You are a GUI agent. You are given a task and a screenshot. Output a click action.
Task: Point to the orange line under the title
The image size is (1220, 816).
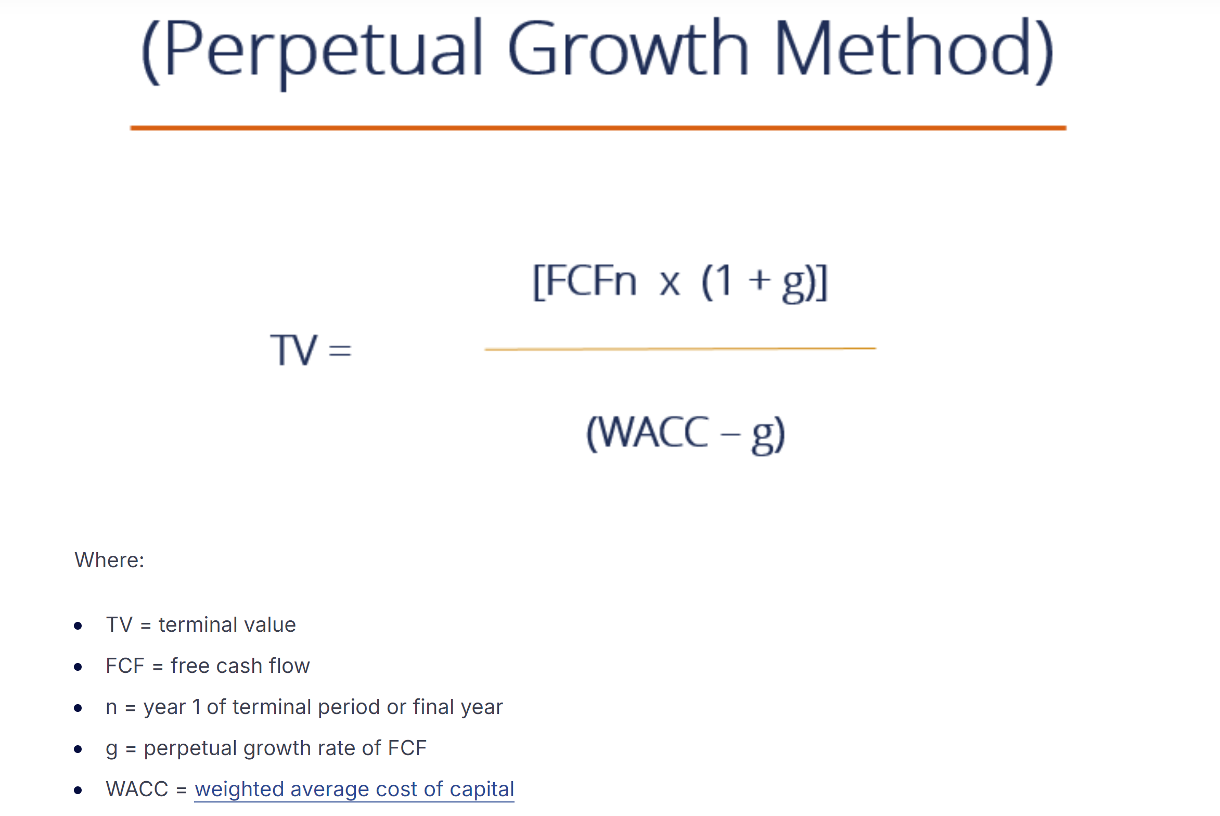point(598,127)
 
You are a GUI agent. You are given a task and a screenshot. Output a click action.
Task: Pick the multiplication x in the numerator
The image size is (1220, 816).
point(670,284)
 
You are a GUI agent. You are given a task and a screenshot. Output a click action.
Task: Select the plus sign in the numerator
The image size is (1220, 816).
point(759,280)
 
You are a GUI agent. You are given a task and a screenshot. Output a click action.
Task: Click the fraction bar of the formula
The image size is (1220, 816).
point(680,349)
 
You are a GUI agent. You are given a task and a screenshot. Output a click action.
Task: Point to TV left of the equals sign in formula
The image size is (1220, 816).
point(293,350)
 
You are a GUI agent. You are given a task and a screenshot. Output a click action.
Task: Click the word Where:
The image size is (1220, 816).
point(109,560)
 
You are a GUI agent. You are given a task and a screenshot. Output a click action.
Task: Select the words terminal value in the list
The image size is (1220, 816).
point(227,624)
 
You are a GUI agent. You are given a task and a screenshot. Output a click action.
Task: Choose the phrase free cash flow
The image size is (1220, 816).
point(240,666)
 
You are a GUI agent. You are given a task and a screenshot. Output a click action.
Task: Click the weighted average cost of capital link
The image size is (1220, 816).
point(354,789)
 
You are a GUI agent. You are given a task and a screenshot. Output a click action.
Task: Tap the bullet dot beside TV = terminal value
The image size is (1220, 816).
point(78,626)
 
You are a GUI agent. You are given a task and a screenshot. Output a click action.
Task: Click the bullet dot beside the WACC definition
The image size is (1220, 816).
point(78,790)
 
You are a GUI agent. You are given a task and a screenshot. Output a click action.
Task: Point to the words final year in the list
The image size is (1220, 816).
point(458,707)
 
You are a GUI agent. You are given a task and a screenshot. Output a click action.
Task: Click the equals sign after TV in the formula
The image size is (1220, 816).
point(340,350)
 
